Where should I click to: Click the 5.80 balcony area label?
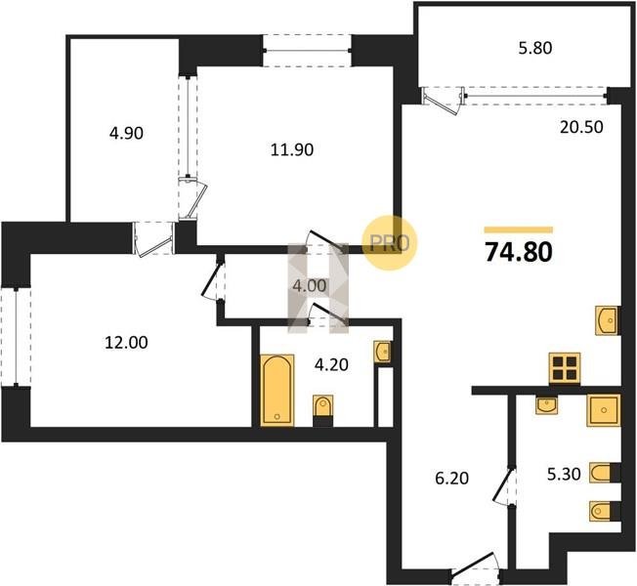click(535, 48)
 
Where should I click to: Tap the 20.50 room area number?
click(581, 128)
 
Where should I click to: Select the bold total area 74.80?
click(519, 252)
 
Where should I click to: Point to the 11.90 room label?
click(292, 149)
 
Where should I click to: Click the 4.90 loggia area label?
click(126, 133)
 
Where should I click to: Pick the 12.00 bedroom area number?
click(126, 343)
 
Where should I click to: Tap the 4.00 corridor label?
click(310, 286)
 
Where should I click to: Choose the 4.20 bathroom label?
click(331, 364)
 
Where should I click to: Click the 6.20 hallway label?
click(451, 479)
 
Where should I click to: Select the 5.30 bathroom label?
click(564, 474)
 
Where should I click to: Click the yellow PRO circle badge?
click(390, 243)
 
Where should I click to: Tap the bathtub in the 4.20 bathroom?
click(277, 391)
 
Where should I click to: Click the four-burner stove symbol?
click(565, 368)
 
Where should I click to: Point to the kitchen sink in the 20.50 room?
click(607, 320)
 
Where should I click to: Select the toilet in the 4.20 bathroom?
click(323, 410)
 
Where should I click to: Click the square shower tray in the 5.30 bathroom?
click(604, 410)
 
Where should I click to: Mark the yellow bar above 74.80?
click(519, 230)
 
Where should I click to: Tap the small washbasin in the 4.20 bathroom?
click(383, 352)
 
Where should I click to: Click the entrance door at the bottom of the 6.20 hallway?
click(476, 565)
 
